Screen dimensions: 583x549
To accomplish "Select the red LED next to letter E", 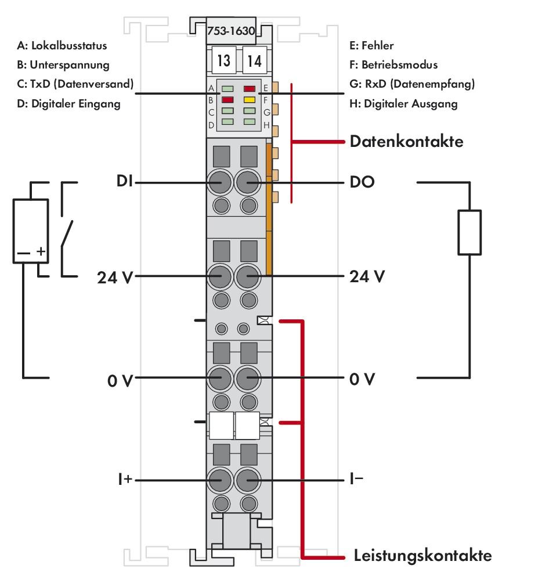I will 250,89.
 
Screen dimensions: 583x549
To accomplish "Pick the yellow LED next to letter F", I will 250,99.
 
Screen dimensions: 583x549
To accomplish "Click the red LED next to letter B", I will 227,99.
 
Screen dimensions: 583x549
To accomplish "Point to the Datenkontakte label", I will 406,141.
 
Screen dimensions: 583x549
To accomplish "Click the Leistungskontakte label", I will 422,556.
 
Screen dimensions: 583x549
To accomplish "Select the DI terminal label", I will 124,182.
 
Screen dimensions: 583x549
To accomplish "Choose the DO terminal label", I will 362,182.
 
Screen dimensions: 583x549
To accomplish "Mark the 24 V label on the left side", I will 114,276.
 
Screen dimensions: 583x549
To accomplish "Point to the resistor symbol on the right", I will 469,233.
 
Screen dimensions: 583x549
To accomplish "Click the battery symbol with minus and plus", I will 30,231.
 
